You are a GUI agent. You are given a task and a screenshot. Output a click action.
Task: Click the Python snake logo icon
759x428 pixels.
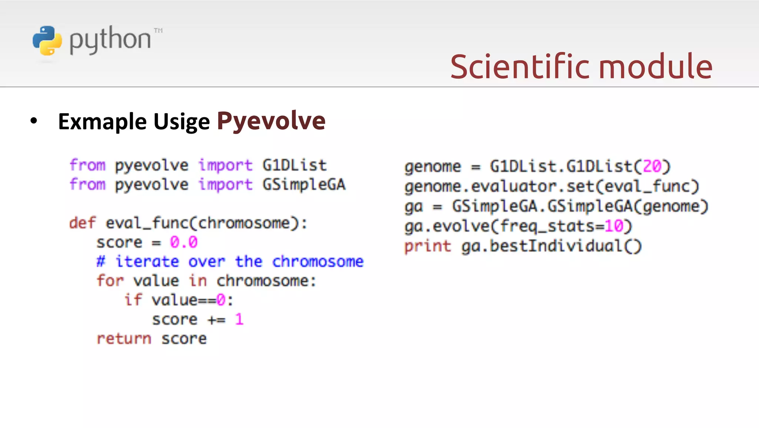pos(47,40)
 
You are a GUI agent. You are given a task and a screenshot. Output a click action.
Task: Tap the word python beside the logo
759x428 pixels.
pos(110,40)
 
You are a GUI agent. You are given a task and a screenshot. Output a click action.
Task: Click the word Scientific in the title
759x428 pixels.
pos(520,66)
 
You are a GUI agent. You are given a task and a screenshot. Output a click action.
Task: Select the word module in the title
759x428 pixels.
pos(656,66)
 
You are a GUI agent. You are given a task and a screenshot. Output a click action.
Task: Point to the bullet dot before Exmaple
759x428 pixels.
pos(34,121)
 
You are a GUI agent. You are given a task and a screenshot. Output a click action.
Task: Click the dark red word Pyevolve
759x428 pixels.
pos(271,121)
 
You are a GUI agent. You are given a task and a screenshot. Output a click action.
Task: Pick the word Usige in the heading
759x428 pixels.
pos(182,121)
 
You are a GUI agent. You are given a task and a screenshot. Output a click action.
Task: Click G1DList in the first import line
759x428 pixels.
pos(295,165)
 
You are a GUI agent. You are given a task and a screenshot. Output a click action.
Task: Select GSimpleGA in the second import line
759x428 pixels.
pos(304,184)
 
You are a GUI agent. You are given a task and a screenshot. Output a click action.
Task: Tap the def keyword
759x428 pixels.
pos(82,223)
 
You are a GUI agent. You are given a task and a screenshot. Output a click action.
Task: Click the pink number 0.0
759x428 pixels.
pos(184,242)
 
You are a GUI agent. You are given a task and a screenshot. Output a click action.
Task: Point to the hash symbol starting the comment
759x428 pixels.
pos(100,261)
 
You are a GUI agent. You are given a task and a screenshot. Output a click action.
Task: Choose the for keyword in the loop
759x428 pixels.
pos(110,281)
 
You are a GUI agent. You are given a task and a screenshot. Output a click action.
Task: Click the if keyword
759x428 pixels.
pos(133,300)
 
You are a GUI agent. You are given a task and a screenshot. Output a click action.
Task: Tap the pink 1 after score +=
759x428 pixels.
pos(239,319)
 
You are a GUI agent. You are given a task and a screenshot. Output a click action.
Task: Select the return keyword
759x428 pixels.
pos(124,339)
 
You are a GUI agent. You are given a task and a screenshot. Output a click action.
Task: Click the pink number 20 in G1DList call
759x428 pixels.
pos(652,166)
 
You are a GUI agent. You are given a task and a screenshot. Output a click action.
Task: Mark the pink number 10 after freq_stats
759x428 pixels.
pos(614,226)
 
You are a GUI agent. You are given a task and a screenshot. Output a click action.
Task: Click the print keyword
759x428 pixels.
pos(428,246)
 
